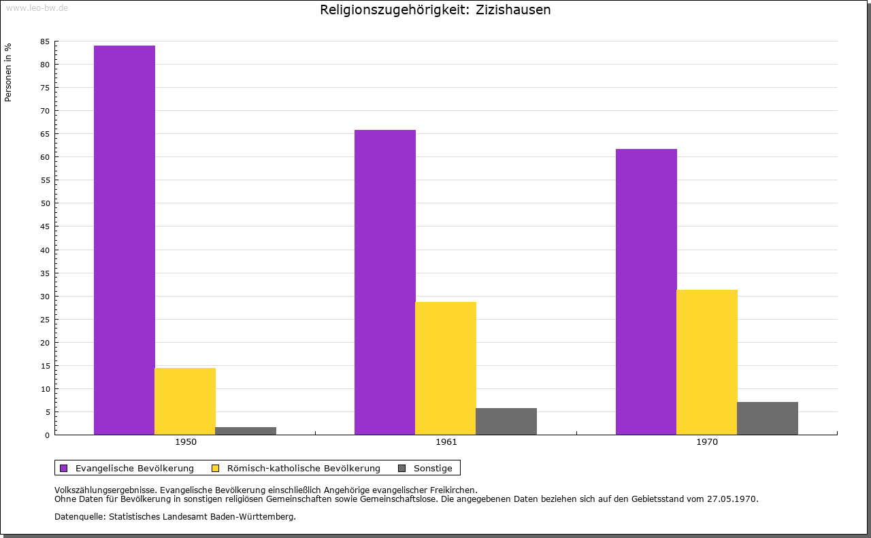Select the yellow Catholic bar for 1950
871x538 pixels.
[x=185, y=401]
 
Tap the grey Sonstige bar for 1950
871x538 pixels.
[x=246, y=431]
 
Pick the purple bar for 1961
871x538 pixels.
[x=385, y=282]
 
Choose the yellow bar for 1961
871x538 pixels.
[x=446, y=368]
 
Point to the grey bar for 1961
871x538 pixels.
[x=506, y=421]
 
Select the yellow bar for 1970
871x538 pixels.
[x=707, y=362]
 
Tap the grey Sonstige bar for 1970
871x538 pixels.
[x=768, y=418]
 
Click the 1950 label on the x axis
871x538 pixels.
[x=186, y=442]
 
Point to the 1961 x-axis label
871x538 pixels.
[x=446, y=442]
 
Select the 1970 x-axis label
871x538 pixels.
[x=707, y=442]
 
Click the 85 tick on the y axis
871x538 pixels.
[x=45, y=41]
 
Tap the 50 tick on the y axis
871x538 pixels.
[x=45, y=203]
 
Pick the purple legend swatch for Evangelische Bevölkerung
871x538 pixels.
[x=64, y=468]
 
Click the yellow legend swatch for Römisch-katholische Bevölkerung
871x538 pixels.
[x=216, y=468]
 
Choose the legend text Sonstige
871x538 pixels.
[x=433, y=468]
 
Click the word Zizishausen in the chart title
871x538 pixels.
[x=514, y=10]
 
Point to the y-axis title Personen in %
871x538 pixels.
[x=8, y=72]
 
